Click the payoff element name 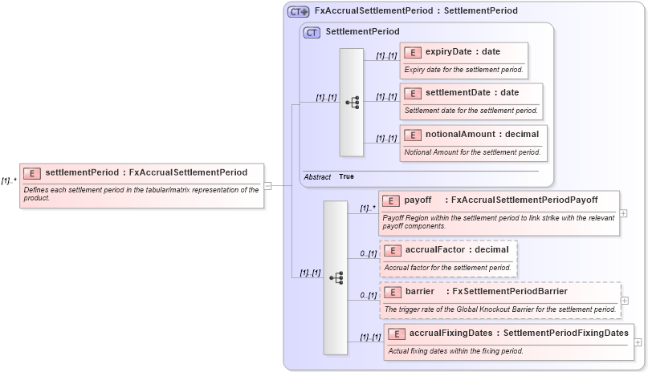418,200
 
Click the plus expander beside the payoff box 624,213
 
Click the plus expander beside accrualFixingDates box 638,342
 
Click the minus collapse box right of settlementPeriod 268,186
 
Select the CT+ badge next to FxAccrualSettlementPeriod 298,11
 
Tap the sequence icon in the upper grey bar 352,103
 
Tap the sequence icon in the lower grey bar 336,277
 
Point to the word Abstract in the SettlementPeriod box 317,176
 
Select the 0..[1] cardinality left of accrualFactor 368,253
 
